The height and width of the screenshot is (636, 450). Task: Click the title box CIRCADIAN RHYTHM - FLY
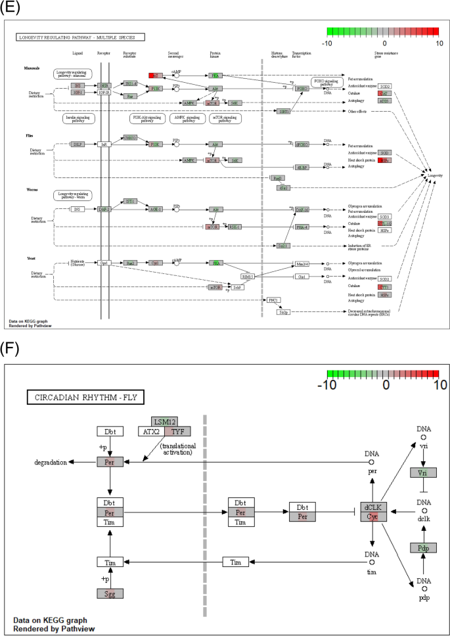[85, 397]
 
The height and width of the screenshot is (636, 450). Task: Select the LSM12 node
[164, 421]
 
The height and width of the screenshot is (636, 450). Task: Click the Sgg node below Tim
[110, 593]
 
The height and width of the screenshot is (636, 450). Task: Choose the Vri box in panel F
[422, 473]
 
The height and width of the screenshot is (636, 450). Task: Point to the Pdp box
[422, 548]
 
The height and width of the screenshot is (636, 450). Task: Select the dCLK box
[372, 507]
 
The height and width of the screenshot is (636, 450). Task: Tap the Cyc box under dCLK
[372, 516]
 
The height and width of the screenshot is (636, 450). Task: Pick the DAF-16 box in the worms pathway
[302, 210]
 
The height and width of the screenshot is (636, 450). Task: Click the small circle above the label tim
[372, 562]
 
